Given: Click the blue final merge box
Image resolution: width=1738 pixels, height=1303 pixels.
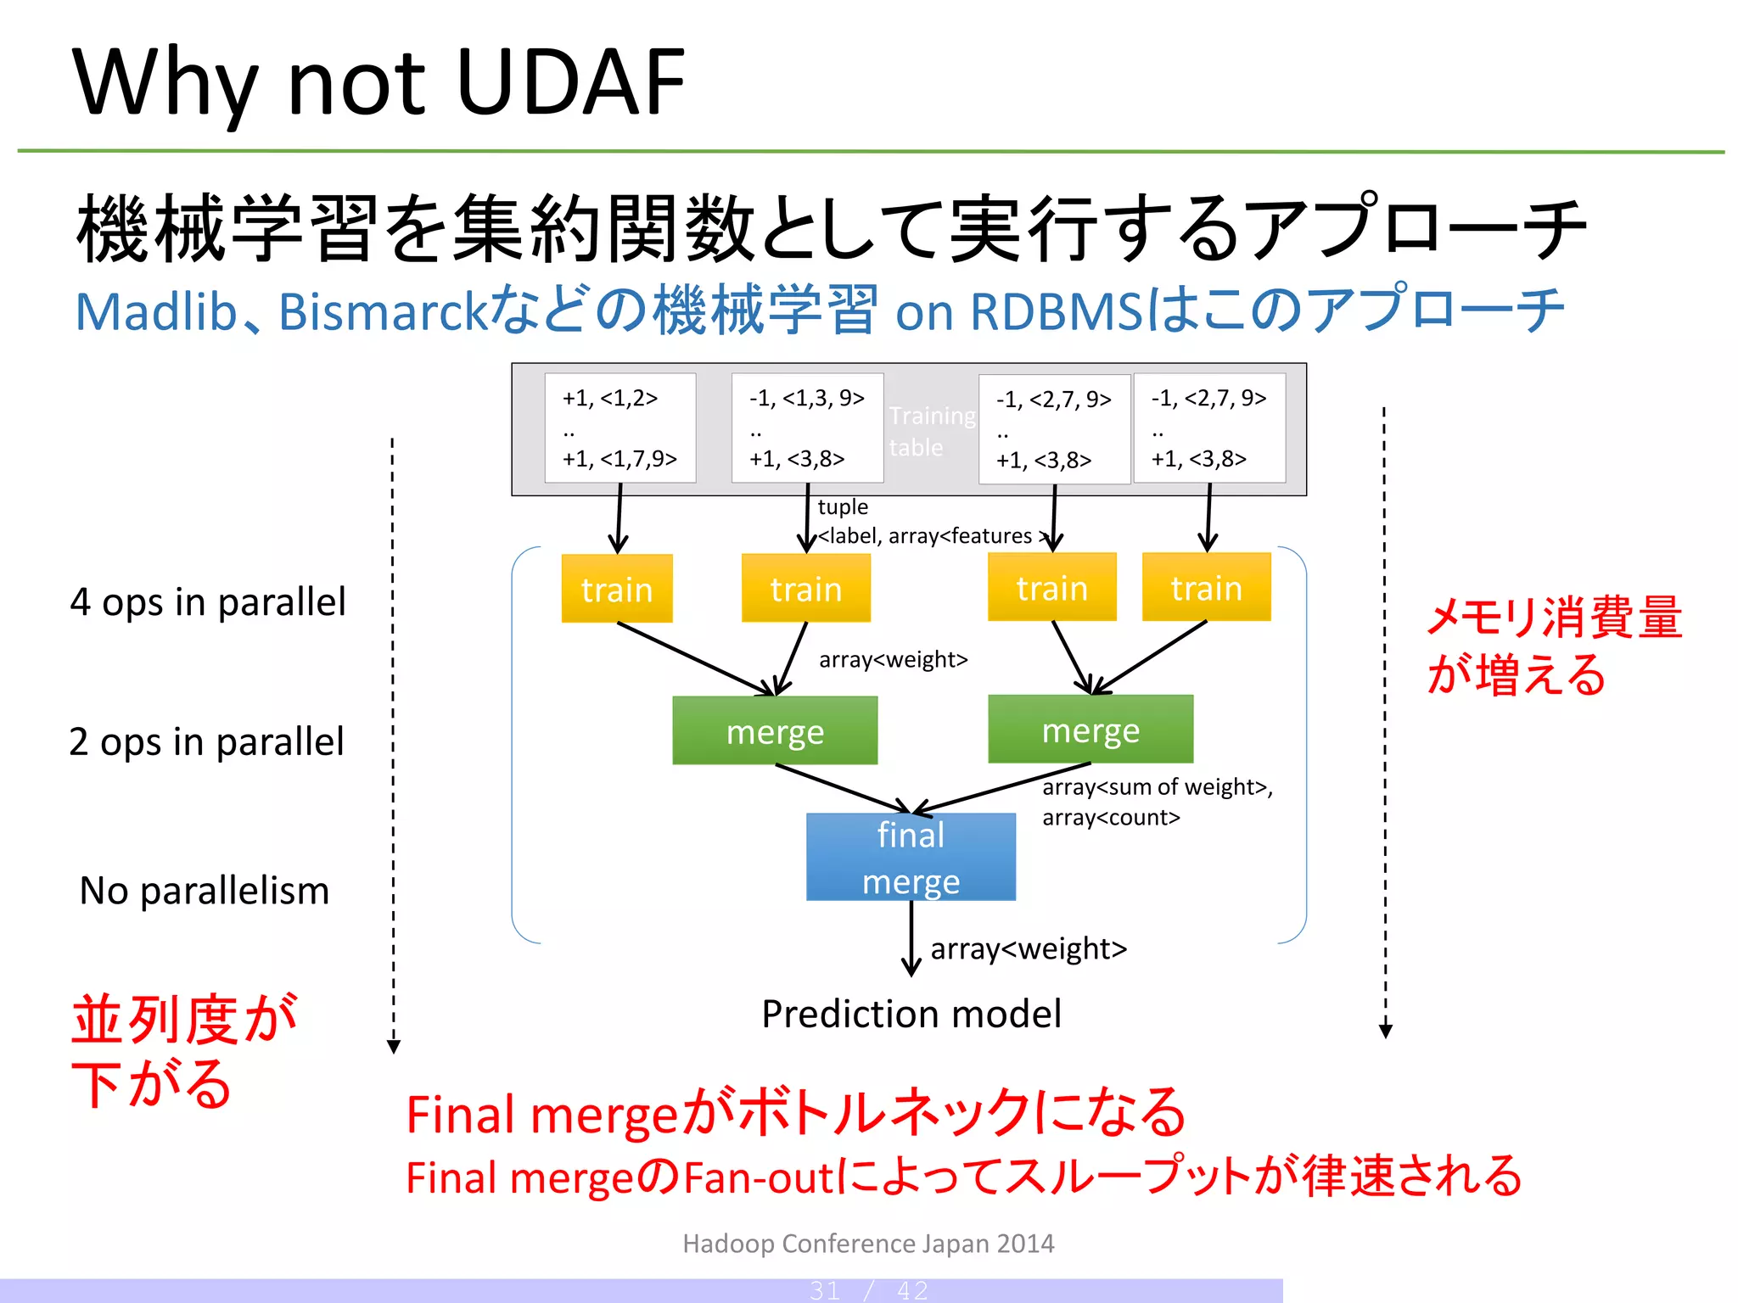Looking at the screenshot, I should (x=911, y=857).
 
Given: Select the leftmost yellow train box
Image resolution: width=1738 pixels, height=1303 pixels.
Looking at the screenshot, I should (x=617, y=589).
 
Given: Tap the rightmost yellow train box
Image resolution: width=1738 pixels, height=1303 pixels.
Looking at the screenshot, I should (x=1206, y=587).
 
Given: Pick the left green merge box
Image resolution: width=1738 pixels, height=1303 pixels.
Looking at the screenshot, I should (x=775, y=730).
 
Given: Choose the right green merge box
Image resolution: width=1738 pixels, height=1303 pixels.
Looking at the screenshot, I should (x=1090, y=730).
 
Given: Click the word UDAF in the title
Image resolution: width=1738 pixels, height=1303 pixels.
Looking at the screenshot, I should (x=570, y=82).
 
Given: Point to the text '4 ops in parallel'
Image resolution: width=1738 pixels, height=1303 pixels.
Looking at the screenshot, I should (x=208, y=602).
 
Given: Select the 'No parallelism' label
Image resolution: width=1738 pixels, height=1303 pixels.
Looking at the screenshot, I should (x=204, y=891).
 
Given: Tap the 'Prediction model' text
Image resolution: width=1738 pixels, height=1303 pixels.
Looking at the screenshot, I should (x=911, y=1014).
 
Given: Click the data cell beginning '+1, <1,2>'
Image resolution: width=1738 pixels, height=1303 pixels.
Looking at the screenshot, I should (x=620, y=428).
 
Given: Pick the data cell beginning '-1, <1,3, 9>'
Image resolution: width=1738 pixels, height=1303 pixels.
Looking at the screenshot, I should (x=807, y=428).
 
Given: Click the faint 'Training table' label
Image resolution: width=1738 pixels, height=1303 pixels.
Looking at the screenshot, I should (x=931, y=431).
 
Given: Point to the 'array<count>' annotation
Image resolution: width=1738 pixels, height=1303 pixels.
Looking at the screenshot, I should (x=1111, y=818).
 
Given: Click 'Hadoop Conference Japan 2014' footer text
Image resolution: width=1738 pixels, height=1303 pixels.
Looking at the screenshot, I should (x=868, y=1243).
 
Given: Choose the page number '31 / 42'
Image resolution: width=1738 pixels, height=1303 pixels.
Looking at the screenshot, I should (x=868, y=1290).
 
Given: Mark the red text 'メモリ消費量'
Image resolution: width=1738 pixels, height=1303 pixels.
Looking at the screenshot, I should (x=1553, y=617).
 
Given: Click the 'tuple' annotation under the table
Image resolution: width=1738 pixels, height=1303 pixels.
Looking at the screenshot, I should (x=842, y=506).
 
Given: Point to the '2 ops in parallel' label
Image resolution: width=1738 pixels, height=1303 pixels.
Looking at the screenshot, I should (x=206, y=742).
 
